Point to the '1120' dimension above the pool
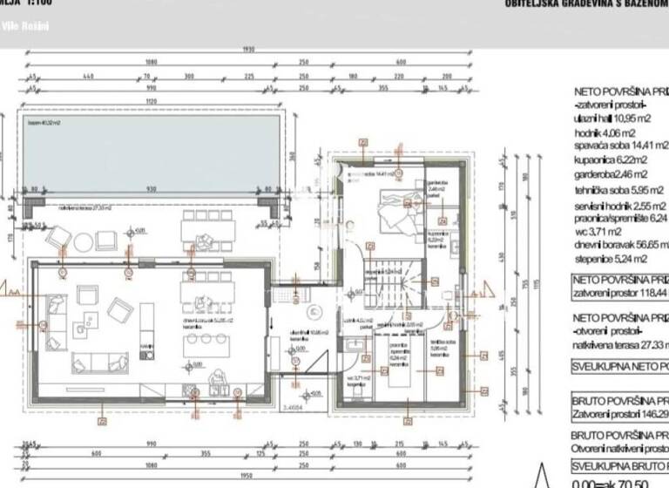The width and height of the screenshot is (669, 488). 153,101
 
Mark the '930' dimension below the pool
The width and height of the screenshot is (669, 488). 152,189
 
